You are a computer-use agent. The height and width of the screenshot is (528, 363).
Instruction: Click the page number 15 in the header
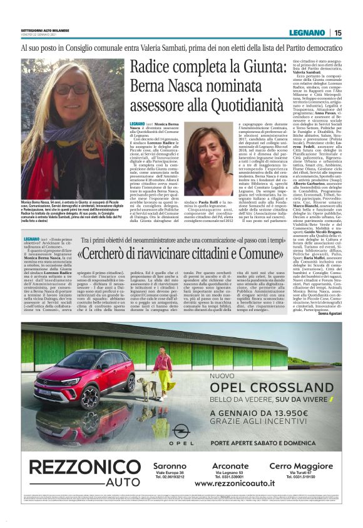(338, 33)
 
